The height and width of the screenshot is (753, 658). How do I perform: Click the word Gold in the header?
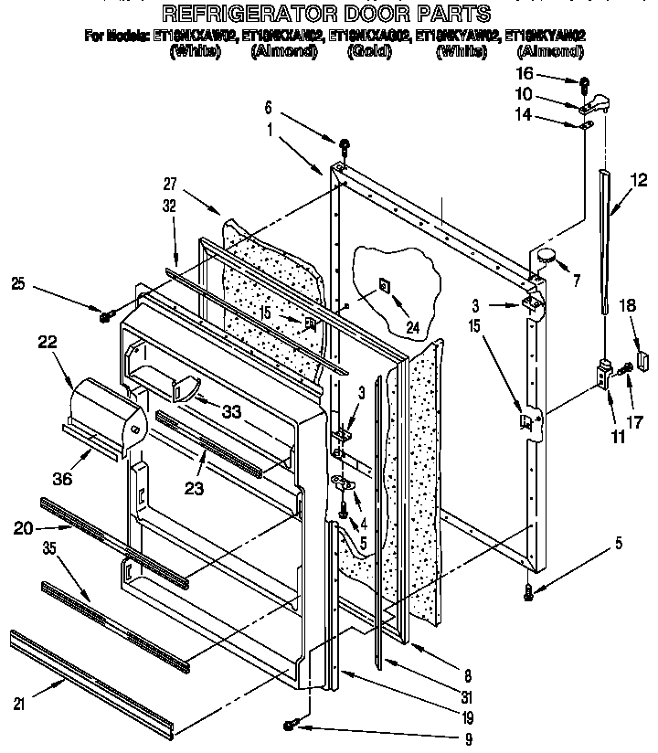368,52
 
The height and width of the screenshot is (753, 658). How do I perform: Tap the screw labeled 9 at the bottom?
290,725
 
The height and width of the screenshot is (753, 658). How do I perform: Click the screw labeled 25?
107,314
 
